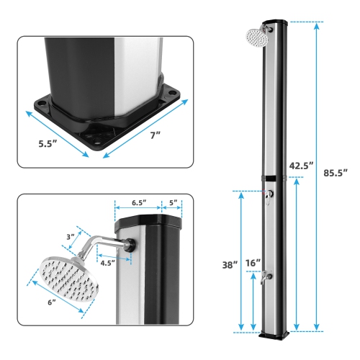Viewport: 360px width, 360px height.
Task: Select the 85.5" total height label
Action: [x=335, y=173]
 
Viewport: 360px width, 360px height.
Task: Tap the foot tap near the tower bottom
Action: [x=267, y=276]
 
